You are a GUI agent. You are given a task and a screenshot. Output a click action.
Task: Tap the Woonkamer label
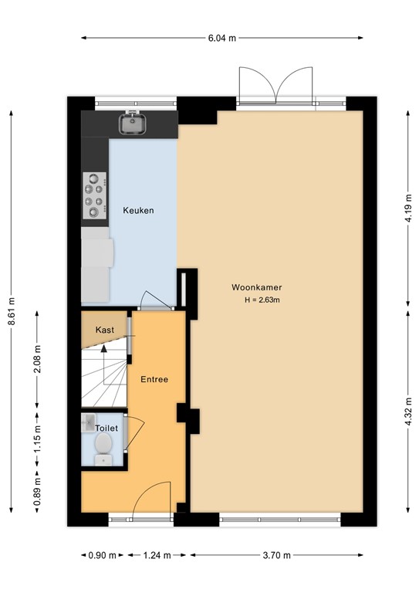point(256,287)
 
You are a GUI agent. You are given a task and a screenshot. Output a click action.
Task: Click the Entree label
point(154,379)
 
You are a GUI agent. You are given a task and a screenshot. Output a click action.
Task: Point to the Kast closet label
point(105,330)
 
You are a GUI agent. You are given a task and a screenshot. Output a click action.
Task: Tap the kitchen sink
point(131,123)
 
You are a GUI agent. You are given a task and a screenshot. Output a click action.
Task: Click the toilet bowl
point(102,446)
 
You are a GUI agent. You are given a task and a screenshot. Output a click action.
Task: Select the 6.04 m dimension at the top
point(221,37)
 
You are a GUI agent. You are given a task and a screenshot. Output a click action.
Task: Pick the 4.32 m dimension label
point(408,410)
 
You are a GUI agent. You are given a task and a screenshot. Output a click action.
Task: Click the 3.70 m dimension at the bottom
point(276,555)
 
